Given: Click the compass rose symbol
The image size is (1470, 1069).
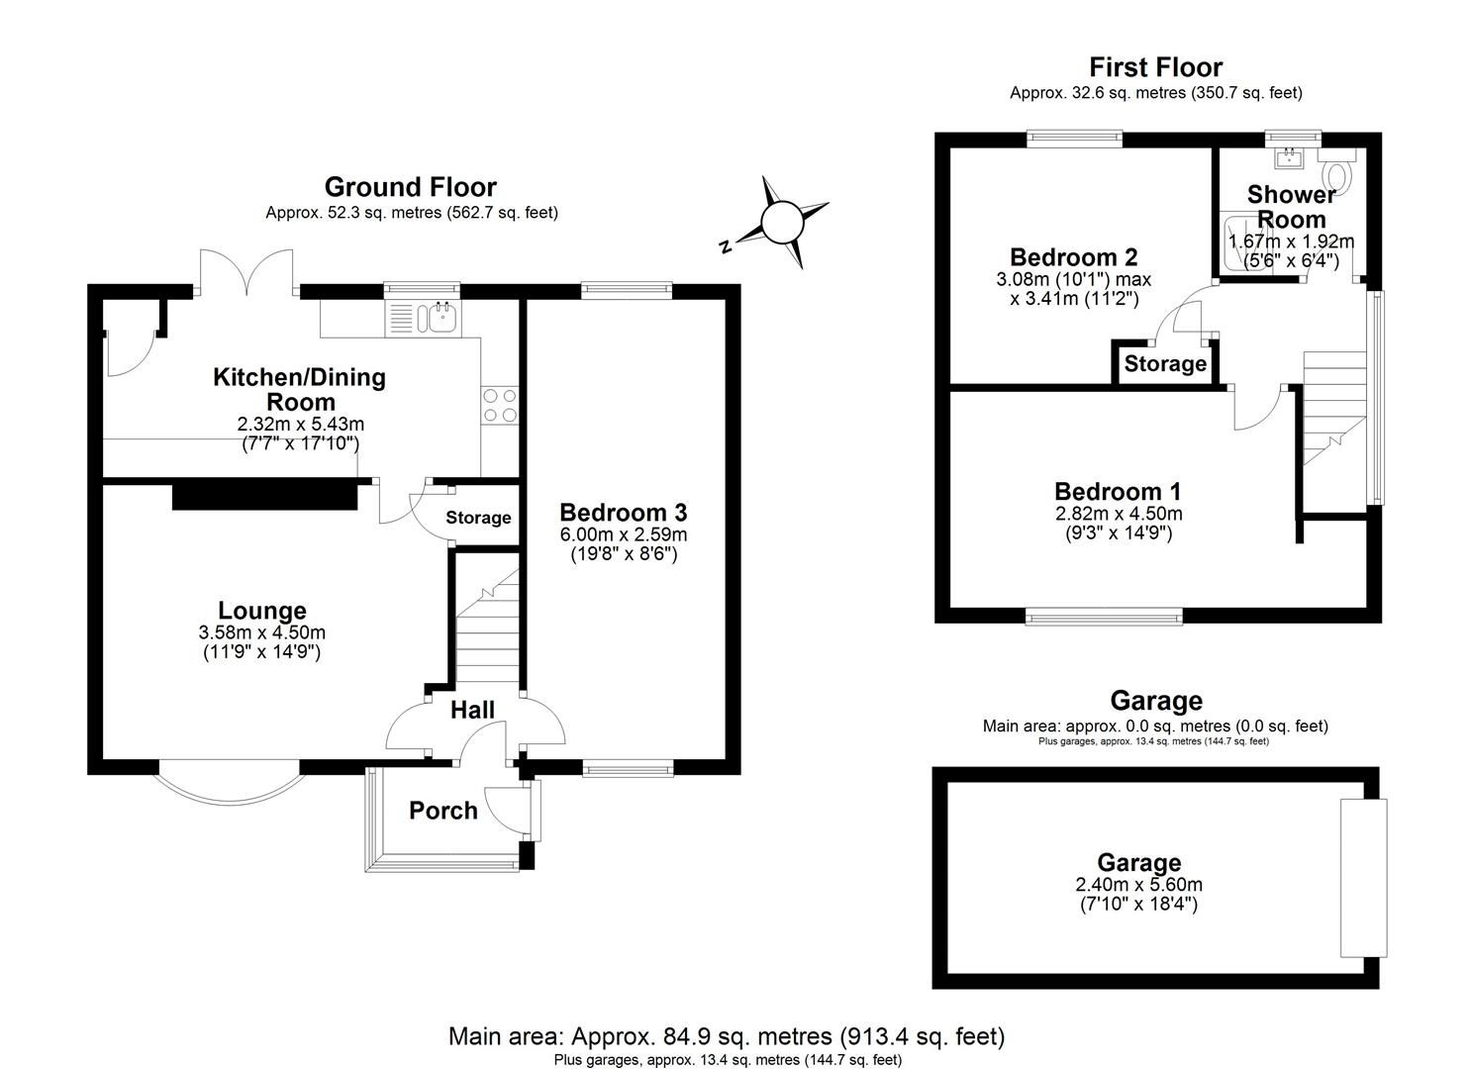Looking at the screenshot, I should tap(781, 221).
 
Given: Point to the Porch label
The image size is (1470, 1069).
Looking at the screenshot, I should tap(443, 811).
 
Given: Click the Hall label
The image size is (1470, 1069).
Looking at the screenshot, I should tap(472, 709).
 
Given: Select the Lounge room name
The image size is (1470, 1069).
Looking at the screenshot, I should tap(262, 611).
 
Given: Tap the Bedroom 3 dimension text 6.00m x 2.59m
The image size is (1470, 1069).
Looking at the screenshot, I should tap(624, 534).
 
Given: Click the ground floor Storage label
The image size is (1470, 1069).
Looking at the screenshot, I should tap(478, 518).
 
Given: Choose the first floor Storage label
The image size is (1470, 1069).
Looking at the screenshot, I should tap(1165, 363).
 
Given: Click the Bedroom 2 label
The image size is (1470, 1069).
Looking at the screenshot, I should tap(1073, 257).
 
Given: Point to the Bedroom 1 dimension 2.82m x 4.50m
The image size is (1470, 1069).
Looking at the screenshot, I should tap(1118, 514).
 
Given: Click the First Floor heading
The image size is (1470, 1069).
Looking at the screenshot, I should tap(1155, 67).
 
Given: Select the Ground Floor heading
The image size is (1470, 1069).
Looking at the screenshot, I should tap(410, 187).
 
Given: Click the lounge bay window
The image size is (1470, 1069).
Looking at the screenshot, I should tap(229, 782).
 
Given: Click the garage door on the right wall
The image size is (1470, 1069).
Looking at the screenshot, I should tap(1363, 878).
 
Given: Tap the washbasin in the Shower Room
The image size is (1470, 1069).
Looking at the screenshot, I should tap(1291, 157).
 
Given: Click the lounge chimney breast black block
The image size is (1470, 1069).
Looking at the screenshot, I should tap(264, 495).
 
